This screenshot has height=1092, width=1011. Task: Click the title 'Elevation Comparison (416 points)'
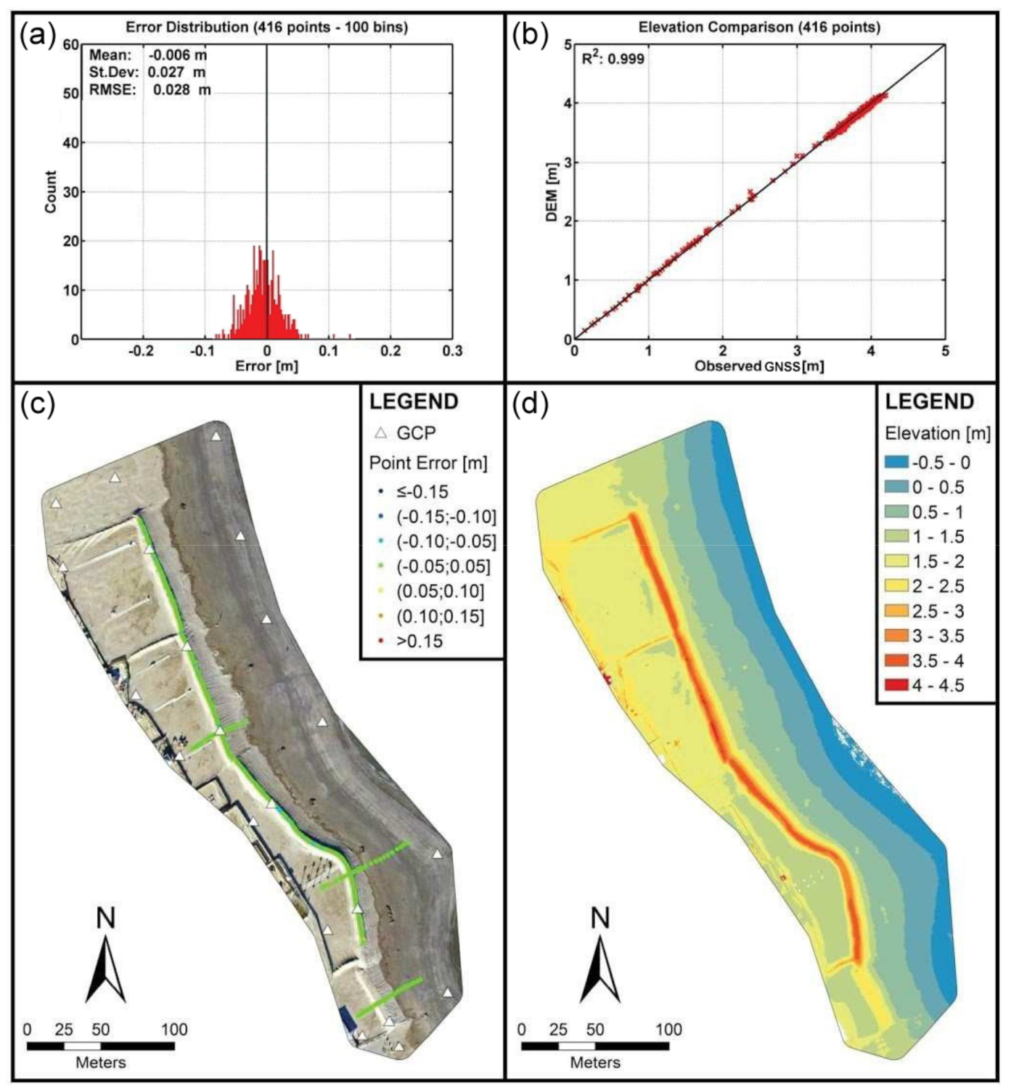[x=758, y=28]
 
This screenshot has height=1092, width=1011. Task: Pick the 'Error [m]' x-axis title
[x=266, y=366]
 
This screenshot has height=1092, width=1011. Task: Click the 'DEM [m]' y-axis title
[x=552, y=192]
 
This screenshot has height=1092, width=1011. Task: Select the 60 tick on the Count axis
[x=70, y=45]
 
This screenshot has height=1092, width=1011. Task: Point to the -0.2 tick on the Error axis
[x=142, y=351]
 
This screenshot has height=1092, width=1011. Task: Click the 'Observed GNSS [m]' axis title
[x=758, y=366]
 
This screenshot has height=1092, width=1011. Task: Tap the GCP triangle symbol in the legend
[x=380, y=433]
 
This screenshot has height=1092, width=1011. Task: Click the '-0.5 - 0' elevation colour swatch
[x=896, y=463]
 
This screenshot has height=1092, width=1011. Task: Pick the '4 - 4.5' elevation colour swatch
[x=896, y=686]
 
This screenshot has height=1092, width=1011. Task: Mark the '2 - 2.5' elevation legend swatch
[x=896, y=586]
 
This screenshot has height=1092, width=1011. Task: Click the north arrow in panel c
[x=106, y=969]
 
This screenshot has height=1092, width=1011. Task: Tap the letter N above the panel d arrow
[x=599, y=919]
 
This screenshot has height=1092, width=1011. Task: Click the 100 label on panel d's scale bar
[x=668, y=1030]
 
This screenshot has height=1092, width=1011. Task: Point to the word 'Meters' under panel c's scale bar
[x=101, y=1063]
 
